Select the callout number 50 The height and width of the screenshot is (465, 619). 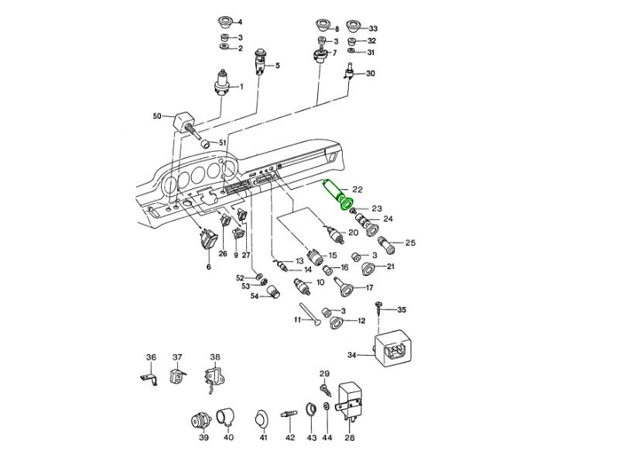157,116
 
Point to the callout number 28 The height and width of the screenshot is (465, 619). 350,438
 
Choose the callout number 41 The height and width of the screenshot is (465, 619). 263,438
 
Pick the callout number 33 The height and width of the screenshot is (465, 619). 373,28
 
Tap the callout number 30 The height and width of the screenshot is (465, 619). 371,74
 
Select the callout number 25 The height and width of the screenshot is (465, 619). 410,243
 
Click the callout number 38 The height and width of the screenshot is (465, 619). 215,357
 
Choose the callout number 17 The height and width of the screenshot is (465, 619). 380,288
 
